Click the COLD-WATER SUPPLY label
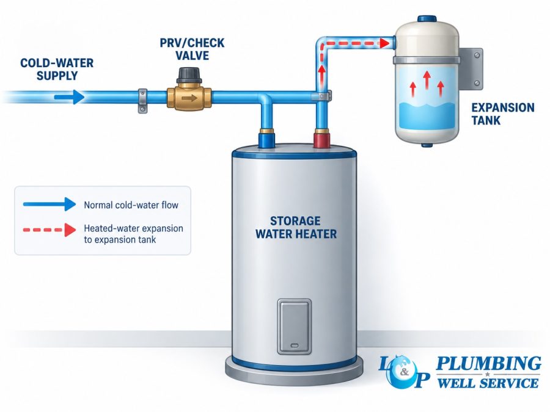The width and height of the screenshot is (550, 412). pyautogui.click(x=57, y=70)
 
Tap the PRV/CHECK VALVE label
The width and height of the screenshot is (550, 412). pyautogui.click(x=192, y=49)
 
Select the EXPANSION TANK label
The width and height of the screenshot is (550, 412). pyautogui.click(x=503, y=114)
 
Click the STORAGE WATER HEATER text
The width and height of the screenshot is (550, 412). pyautogui.click(x=296, y=228)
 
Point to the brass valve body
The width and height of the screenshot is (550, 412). pyautogui.click(x=189, y=98)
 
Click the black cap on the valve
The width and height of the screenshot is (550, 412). pyautogui.click(x=189, y=75)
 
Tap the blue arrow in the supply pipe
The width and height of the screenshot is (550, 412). pyautogui.click(x=70, y=97)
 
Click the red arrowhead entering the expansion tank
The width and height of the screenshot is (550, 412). pyautogui.click(x=385, y=43)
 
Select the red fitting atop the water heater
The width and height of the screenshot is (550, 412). pyautogui.click(x=321, y=138)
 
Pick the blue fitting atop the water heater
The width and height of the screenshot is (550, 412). pyautogui.click(x=266, y=138)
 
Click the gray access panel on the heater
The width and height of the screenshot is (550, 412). pyautogui.click(x=295, y=327)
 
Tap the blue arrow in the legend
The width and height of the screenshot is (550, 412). pyautogui.click(x=50, y=204)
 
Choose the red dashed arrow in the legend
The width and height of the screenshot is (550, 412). pyautogui.click(x=50, y=230)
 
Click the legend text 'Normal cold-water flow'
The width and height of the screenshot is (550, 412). pyautogui.click(x=131, y=205)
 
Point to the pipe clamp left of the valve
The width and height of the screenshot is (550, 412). pyautogui.click(x=142, y=101)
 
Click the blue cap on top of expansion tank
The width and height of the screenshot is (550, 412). pyautogui.click(x=427, y=19)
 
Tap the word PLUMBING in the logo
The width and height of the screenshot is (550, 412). pyautogui.click(x=488, y=364)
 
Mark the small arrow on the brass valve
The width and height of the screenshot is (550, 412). pyautogui.click(x=189, y=98)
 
